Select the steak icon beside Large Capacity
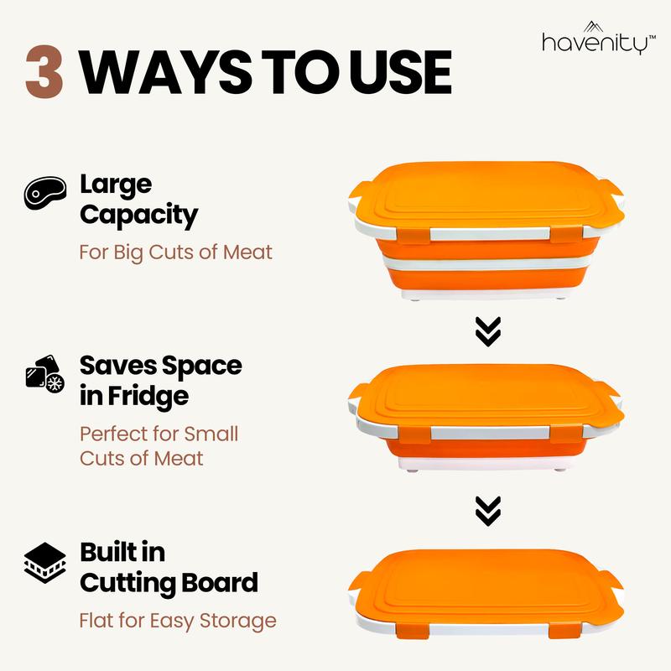(41, 194)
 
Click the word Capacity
(138, 215)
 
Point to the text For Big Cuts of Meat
(175, 251)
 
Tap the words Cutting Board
(168, 582)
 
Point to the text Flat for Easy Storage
(177, 621)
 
